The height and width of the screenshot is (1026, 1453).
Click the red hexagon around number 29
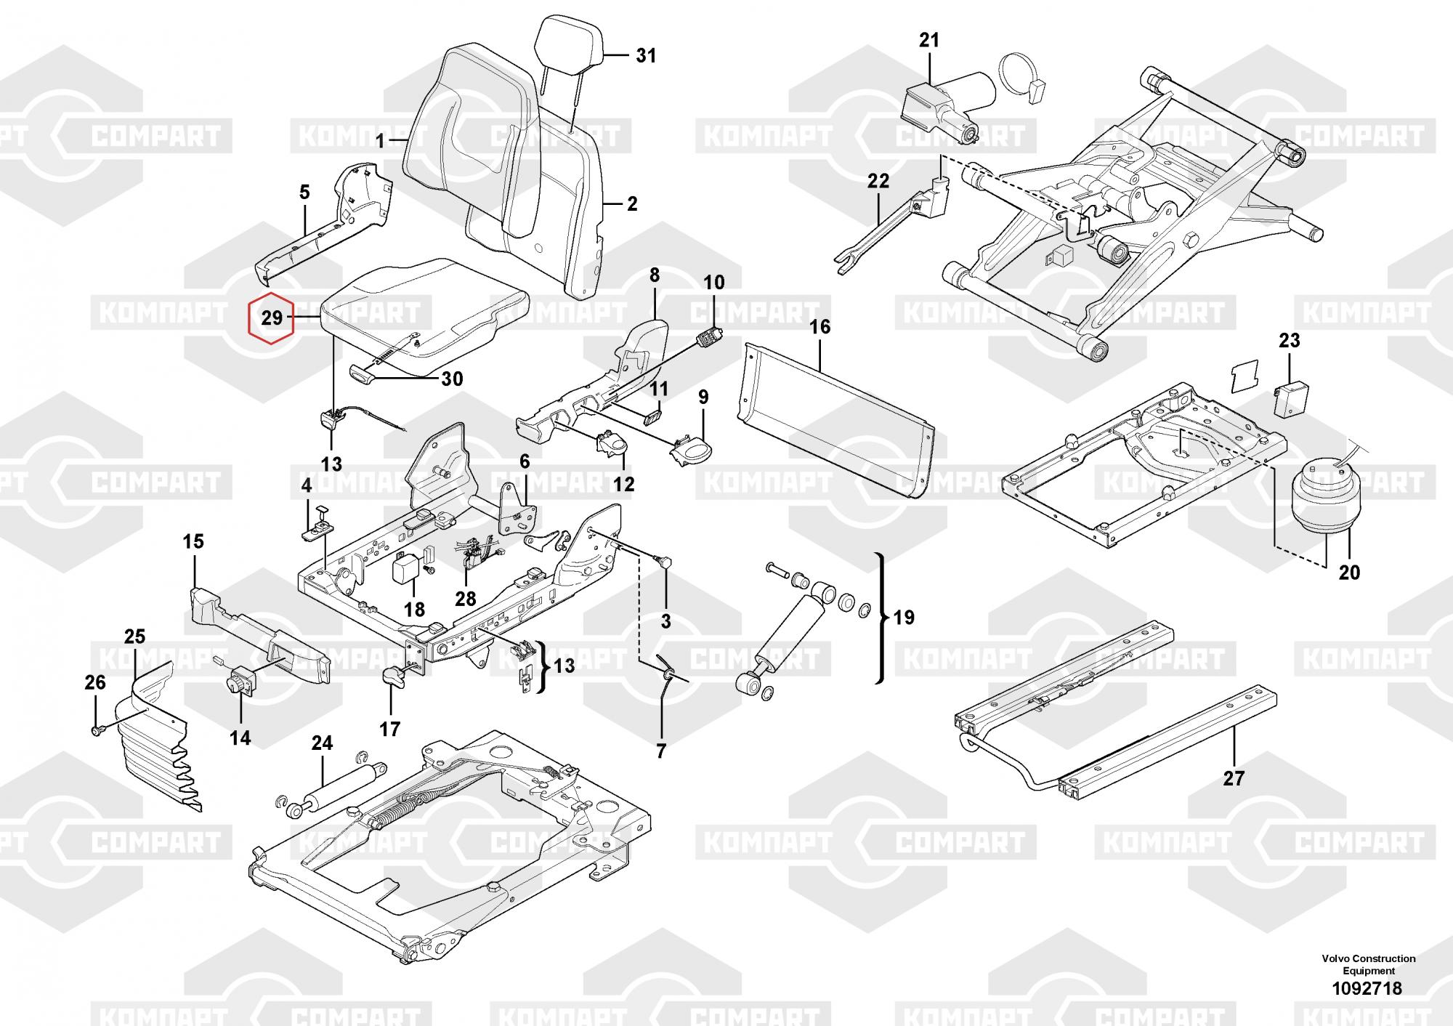pyautogui.click(x=270, y=318)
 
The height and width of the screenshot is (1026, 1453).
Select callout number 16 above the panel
pyautogui.click(x=819, y=327)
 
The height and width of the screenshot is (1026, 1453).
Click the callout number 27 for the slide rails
pyautogui.click(x=1234, y=778)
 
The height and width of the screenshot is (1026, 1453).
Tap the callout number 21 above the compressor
pyautogui.click(x=929, y=41)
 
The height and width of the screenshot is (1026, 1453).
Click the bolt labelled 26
pyautogui.click(x=97, y=727)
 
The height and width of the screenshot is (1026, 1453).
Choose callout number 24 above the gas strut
pyautogui.click(x=322, y=743)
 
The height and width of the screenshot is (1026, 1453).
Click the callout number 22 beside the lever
pyautogui.click(x=878, y=181)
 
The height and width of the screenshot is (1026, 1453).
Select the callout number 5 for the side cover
pyautogui.click(x=304, y=193)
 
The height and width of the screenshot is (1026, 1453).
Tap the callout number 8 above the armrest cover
pyautogui.click(x=655, y=275)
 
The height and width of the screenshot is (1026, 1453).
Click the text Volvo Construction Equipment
pyautogui.click(x=1368, y=964)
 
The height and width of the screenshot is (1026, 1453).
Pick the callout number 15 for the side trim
pyautogui.click(x=193, y=542)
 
